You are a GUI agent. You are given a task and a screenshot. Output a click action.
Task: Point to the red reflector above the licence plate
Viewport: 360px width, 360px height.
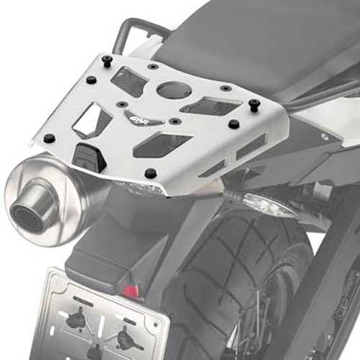tap(130, 291)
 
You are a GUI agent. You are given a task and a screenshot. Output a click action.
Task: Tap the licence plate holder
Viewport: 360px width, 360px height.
tap(108, 317)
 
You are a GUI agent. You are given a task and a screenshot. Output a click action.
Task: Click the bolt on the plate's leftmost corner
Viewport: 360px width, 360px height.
tap(49, 137)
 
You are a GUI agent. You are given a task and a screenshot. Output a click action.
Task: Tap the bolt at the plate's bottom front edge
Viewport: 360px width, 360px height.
tap(150, 174)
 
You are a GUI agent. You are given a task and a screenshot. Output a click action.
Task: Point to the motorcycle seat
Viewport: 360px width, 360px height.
tap(259, 36)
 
